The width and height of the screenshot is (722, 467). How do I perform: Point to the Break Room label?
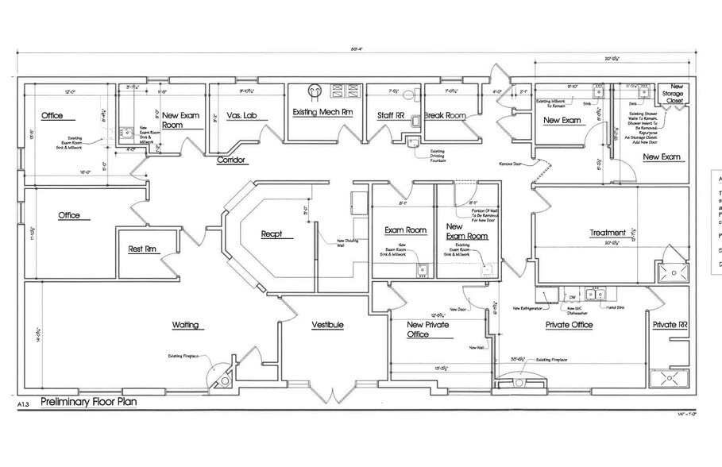(445, 116)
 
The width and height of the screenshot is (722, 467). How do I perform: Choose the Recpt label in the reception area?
(272, 234)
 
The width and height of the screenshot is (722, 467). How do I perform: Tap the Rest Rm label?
(143, 250)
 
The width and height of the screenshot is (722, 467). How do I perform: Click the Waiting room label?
(185, 325)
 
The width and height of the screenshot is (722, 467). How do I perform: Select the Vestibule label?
(326, 325)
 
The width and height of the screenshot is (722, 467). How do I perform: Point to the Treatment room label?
(608, 233)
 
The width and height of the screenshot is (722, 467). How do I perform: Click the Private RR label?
(669, 325)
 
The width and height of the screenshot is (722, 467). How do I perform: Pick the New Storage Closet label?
(675, 94)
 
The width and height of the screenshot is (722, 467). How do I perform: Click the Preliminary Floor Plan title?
(88, 402)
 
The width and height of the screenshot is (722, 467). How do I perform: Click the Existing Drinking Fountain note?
(437, 156)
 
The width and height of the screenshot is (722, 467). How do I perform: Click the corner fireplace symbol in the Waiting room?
(224, 380)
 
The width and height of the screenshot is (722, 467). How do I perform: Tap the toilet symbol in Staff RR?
(409, 95)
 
